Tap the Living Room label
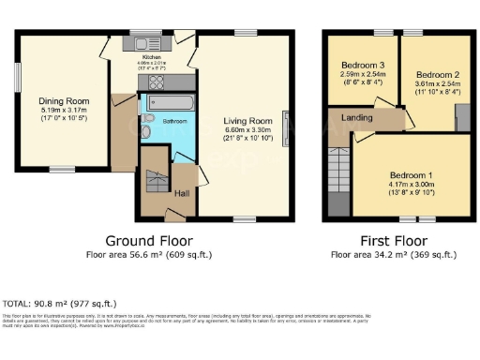click(x=247, y=120)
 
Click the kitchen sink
click(x=144, y=43)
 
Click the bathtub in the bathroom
click(x=171, y=102)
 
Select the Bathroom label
click(x=174, y=122)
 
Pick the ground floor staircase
click(x=153, y=184)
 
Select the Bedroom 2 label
click(x=436, y=74)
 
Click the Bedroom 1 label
click(x=411, y=175)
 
